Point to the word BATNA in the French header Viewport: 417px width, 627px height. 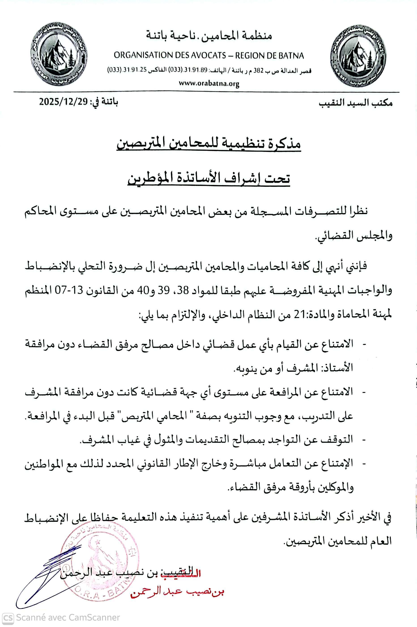pos(291,55)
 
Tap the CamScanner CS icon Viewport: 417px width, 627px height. pos(8,617)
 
